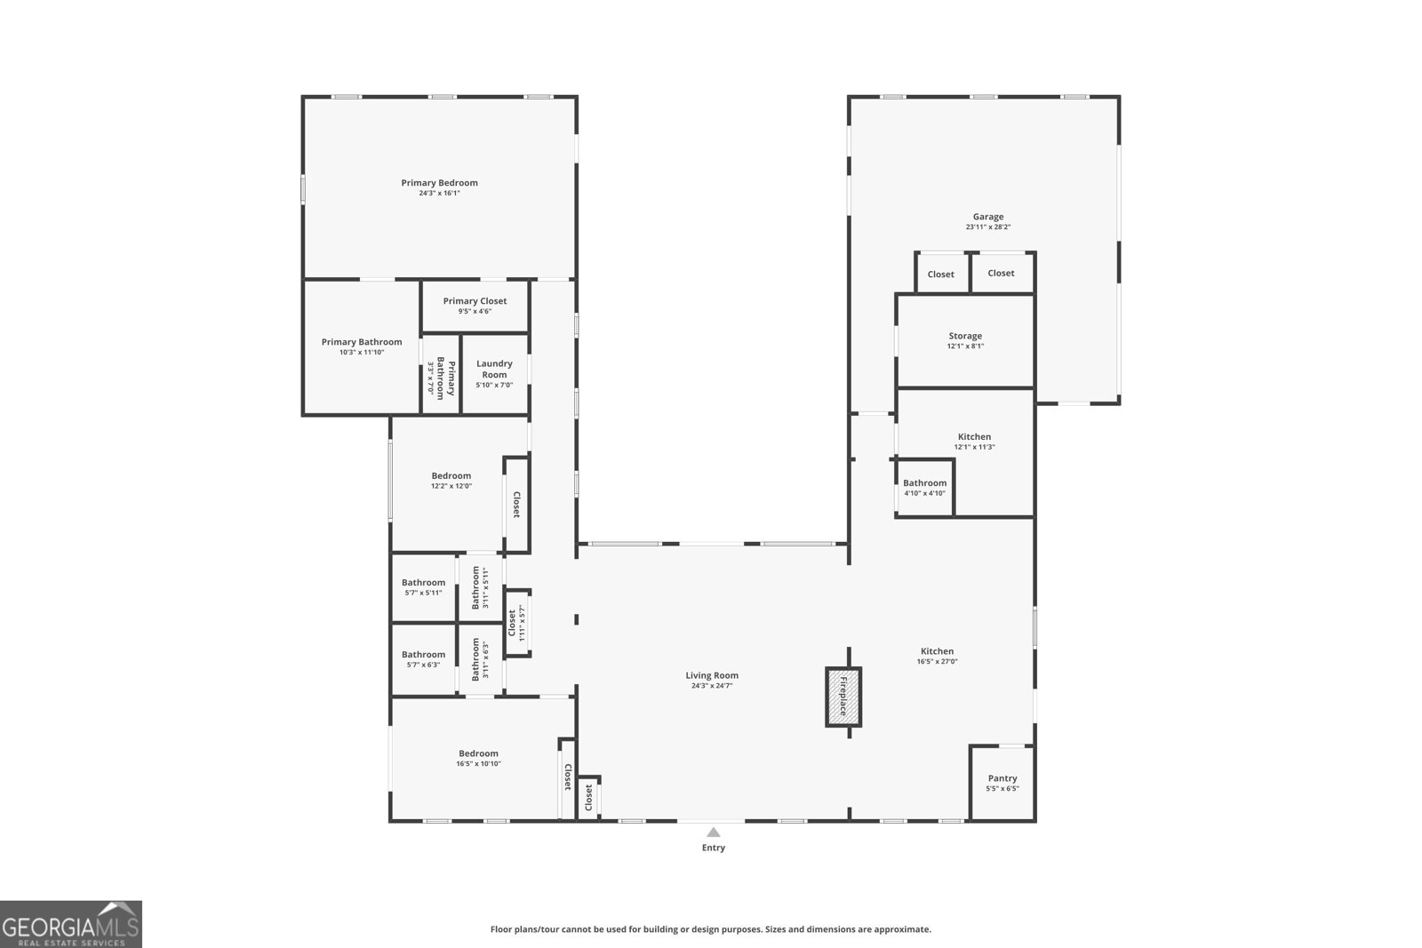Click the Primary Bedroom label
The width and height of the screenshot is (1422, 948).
pyautogui.click(x=439, y=183)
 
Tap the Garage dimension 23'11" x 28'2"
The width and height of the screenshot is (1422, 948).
pyautogui.click(x=987, y=227)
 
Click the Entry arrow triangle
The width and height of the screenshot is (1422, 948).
pyautogui.click(x=713, y=832)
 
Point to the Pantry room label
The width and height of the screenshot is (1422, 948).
pyautogui.click(x=1002, y=778)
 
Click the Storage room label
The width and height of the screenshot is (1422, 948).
pyautogui.click(x=964, y=336)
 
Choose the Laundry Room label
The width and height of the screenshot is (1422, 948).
pyautogui.click(x=494, y=369)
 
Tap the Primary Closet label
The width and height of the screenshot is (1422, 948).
pyautogui.click(x=475, y=301)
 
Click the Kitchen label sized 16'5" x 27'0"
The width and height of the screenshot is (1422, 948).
pyautogui.click(x=937, y=651)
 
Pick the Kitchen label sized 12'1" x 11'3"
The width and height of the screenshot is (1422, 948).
pyautogui.click(x=974, y=437)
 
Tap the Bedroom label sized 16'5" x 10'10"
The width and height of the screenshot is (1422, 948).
pyautogui.click(x=478, y=753)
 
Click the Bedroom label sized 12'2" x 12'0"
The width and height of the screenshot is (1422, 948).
pyautogui.click(x=451, y=476)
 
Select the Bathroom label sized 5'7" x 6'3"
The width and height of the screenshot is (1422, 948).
pyautogui.click(x=423, y=655)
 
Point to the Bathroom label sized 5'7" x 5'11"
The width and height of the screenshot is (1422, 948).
pyautogui.click(x=423, y=583)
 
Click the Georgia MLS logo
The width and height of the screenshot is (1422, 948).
pyautogui.click(x=70, y=924)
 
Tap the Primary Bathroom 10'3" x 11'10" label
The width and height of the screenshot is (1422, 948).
pyautogui.click(x=361, y=342)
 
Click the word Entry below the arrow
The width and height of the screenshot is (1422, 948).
pyautogui.click(x=713, y=848)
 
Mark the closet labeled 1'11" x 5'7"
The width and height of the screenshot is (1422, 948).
pyautogui.click(x=516, y=623)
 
